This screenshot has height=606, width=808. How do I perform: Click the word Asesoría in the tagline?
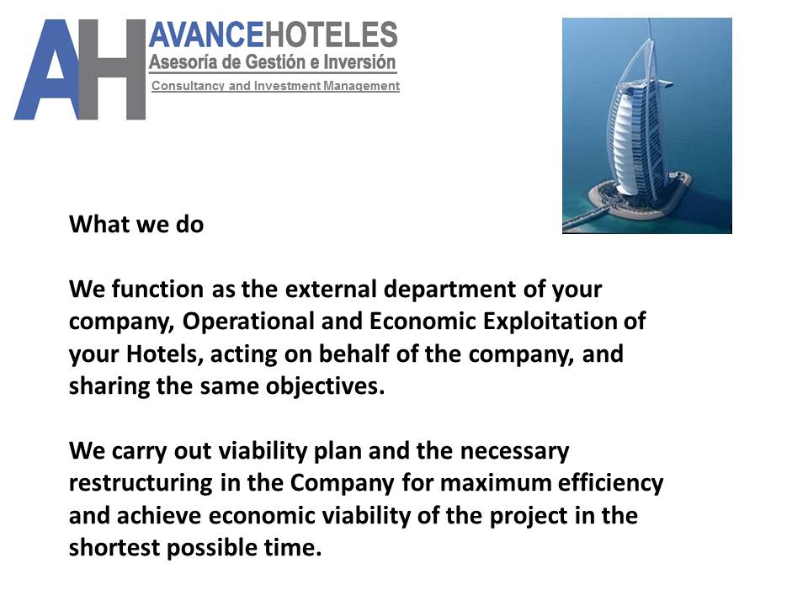182,62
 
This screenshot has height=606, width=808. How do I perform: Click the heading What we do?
136,225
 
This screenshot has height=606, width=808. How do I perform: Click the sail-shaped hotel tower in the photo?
633,126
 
